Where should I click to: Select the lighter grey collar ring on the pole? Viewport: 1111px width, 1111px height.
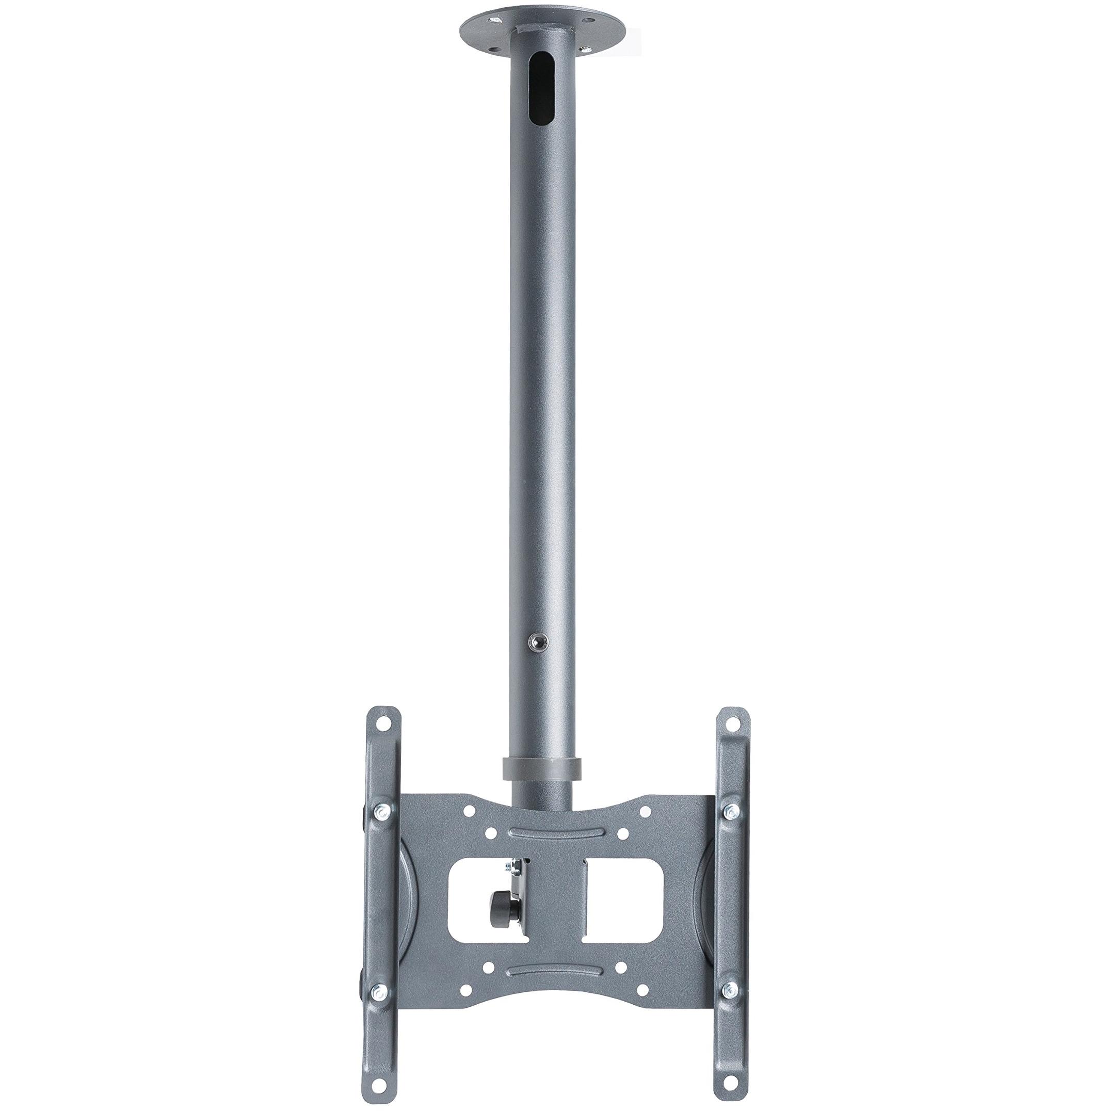pos(541,768)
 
